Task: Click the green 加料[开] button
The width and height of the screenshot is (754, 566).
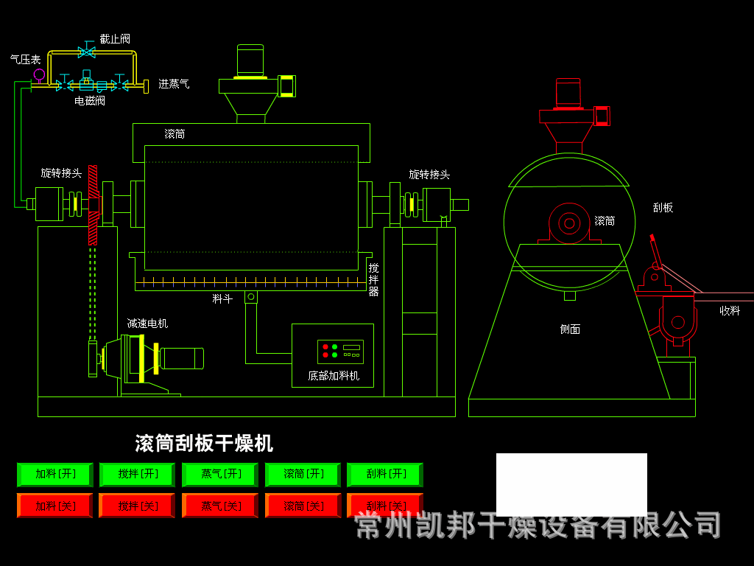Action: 55,474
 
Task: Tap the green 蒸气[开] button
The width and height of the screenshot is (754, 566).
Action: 220,474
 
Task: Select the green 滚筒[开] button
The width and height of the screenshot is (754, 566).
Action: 303,474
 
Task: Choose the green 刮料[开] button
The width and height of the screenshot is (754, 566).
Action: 385,474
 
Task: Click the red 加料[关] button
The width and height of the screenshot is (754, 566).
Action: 55,506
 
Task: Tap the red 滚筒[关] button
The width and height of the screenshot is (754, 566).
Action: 303,506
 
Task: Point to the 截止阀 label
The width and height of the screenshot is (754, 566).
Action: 115,39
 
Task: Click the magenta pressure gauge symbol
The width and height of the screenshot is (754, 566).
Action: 39,74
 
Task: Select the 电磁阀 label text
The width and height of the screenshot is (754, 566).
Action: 90,101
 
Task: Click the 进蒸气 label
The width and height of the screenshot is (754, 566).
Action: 174,84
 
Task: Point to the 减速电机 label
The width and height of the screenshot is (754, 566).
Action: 147,324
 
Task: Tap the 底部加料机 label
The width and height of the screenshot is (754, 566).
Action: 334,376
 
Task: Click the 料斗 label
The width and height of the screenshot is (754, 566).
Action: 222,299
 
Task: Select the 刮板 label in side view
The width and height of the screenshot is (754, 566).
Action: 663,208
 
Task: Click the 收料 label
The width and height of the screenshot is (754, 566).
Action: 730,311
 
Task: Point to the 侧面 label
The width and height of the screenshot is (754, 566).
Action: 570,329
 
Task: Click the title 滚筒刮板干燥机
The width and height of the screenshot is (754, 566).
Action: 204,443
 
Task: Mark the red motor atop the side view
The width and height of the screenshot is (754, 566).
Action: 568,94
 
